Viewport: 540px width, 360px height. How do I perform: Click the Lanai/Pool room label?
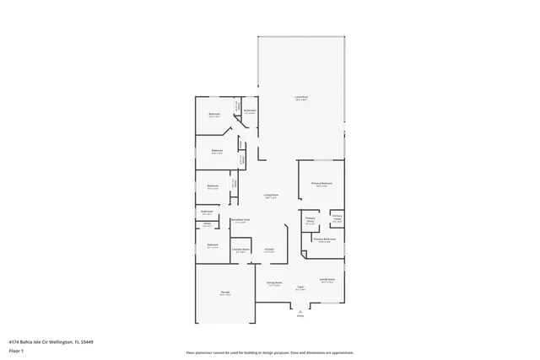point(300,98)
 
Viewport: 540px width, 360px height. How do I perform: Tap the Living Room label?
point(271,195)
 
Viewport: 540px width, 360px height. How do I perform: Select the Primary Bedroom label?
point(321,183)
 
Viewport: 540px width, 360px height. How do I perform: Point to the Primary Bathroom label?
point(325,239)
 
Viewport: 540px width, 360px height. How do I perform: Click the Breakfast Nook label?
point(240,221)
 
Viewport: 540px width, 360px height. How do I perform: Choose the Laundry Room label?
point(240,249)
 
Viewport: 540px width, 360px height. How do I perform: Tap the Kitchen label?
point(269,249)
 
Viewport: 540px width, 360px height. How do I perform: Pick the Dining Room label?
point(275,283)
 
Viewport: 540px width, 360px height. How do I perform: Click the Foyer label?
point(300,287)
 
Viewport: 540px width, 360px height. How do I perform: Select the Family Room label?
point(327,279)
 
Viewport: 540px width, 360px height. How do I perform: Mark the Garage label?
point(225,293)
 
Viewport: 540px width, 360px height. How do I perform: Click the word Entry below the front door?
point(300,316)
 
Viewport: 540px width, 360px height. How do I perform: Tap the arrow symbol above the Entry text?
point(300,309)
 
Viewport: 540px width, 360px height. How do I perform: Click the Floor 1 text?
point(16,351)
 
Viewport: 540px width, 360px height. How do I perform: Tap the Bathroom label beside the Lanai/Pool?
point(250,110)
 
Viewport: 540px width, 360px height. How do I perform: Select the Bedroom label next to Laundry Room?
point(213,245)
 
